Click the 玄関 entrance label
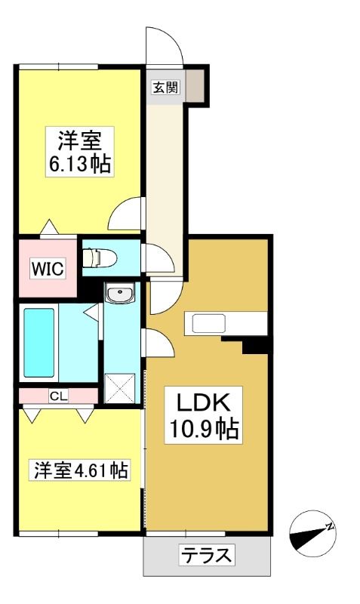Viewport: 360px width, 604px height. pyautogui.click(x=165, y=88)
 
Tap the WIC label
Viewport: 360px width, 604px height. pyautogui.click(x=48, y=269)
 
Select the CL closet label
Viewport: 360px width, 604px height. pyautogui.click(x=59, y=396)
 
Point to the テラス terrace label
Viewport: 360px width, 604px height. pyautogui.click(x=207, y=555)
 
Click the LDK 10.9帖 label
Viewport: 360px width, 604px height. pyautogui.click(x=203, y=414)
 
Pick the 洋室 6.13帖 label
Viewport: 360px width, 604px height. pyautogui.click(x=80, y=152)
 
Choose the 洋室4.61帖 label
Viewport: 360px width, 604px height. pyautogui.click(x=80, y=470)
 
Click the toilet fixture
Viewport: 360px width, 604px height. pyautogui.click(x=100, y=257)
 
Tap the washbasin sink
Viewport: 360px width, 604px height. pyautogui.click(x=120, y=293)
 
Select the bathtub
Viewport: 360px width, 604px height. pyautogui.click(x=39, y=343)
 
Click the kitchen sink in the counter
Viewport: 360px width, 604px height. pyautogui.click(x=209, y=324)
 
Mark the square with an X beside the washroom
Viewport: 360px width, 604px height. pyautogui.click(x=120, y=388)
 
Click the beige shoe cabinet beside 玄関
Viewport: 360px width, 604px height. pyautogui.click(x=195, y=86)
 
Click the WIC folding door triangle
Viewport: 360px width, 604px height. pyautogui.click(x=49, y=226)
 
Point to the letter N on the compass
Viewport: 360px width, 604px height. pyautogui.click(x=329, y=526)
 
